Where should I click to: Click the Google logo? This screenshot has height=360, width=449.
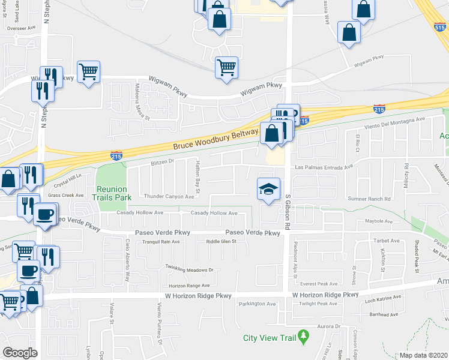[x=20, y=353]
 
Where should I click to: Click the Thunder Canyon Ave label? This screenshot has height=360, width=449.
[x=169, y=196]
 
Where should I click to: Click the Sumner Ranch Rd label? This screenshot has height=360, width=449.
[x=369, y=199]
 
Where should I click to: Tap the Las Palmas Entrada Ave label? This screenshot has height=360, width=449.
[x=324, y=167]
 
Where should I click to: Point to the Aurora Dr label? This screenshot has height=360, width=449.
[x=329, y=326]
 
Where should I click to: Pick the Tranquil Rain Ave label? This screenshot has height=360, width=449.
[x=157, y=241]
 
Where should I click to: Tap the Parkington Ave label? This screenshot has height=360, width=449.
[x=258, y=304]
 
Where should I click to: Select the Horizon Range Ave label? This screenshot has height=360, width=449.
[x=188, y=286]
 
